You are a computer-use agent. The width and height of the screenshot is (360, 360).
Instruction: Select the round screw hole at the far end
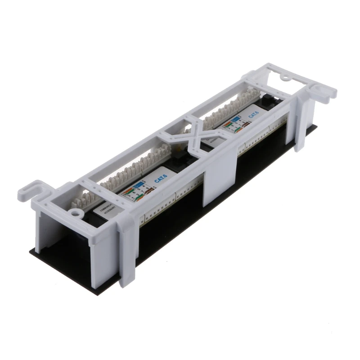[285, 78]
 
